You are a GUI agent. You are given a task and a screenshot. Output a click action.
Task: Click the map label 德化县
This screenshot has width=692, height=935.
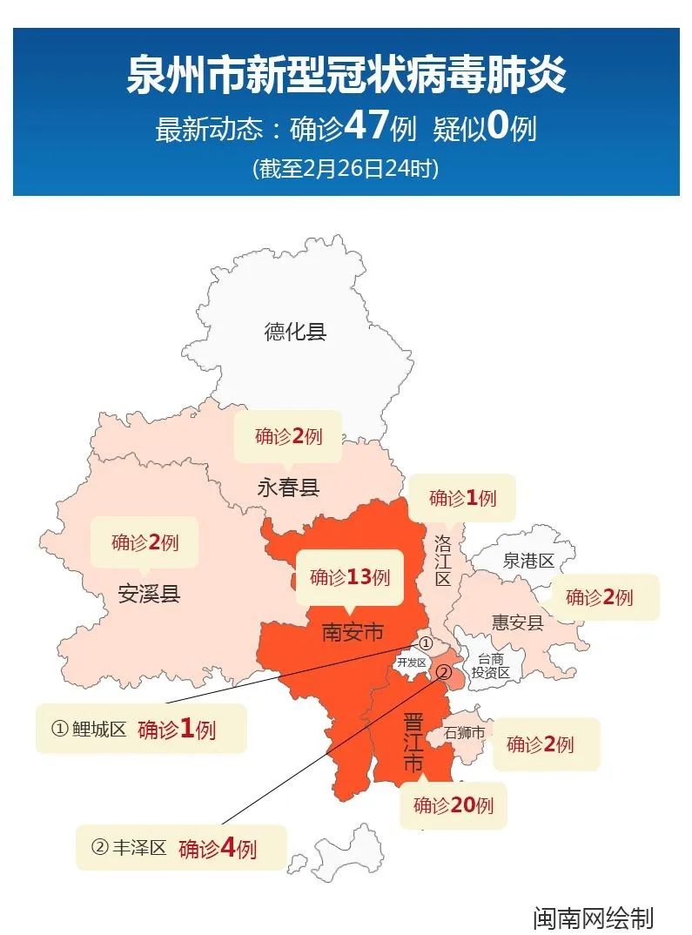(x=295, y=331)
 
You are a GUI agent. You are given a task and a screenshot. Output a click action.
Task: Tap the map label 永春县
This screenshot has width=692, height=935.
(x=288, y=488)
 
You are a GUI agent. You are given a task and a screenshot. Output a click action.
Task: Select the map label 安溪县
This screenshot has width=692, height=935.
(x=149, y=595)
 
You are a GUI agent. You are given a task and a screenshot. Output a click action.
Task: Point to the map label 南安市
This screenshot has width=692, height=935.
(x=353, y=631)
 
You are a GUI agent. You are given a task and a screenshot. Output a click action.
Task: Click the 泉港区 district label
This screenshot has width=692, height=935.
(x=528, y=562)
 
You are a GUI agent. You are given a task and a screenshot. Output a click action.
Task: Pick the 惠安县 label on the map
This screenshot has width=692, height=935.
(x=517, y=622)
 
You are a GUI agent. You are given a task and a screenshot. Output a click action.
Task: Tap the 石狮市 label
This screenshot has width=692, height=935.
(x=464, y=733)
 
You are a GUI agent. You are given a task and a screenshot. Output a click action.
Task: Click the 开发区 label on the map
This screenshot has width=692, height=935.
(x=411, y=663)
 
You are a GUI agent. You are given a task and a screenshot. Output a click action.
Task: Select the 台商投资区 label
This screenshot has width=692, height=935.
(x=490, y=666)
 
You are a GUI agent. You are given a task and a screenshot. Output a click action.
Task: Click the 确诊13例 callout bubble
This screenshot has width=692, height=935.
(x=350, y=577)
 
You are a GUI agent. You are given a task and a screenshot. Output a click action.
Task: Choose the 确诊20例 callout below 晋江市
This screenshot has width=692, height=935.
(x=453, y=805)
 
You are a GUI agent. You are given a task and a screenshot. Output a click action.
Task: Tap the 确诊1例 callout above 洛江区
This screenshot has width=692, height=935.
(x=462, y=498)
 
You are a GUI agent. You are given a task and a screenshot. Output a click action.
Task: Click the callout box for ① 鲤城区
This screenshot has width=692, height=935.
(x=141, y=729)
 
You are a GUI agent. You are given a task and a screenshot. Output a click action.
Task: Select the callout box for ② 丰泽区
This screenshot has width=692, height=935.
(x=181, y=847)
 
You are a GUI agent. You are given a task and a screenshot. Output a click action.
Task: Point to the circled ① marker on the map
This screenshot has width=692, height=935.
(x=426, y=642)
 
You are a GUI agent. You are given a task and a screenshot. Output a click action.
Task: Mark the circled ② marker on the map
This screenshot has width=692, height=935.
(x=443, y=671)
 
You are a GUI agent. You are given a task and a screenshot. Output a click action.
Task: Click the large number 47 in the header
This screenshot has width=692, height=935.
(x=366, y=126)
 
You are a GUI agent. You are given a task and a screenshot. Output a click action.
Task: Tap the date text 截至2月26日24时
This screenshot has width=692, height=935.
(x=346, y=168)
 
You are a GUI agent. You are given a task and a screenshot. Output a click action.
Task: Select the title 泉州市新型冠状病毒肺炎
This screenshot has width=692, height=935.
(x=346, y=74)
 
